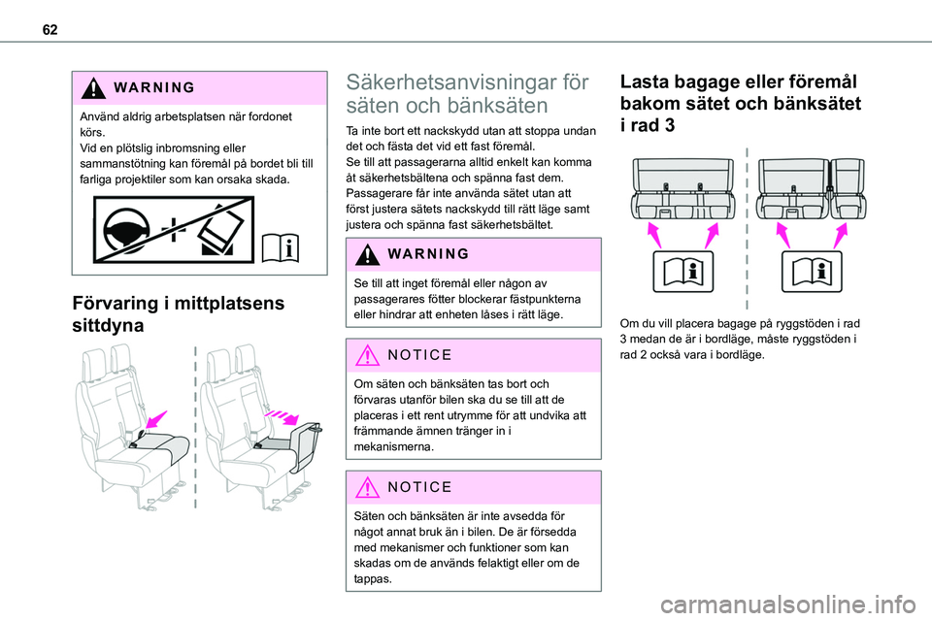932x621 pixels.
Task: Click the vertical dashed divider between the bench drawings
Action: coord(746,223)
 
